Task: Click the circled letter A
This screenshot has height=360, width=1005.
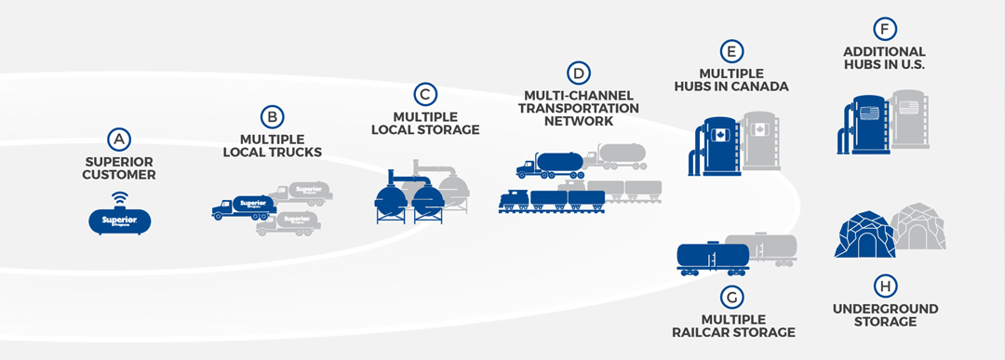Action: tap(117, 140)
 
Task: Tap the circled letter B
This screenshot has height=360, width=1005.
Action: tap(272, 116)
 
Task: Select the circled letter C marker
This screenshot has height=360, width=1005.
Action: tap(425, 93)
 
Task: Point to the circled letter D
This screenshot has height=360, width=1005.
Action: tap(580, 72)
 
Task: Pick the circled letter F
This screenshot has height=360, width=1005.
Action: tap(883, 28)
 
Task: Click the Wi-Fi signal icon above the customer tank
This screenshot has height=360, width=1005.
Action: tap(118, 197)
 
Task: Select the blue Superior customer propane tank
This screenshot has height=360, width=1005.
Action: tap(118, 220)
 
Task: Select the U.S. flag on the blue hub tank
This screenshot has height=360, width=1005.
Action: tap(869, 113)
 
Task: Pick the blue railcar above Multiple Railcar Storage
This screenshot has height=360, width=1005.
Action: tap(712, 257)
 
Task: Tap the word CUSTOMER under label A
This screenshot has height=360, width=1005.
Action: tap(118, 175)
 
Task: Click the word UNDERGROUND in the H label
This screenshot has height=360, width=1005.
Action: tap(883, 309)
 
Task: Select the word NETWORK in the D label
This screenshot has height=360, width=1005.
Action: tap(580, 121)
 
